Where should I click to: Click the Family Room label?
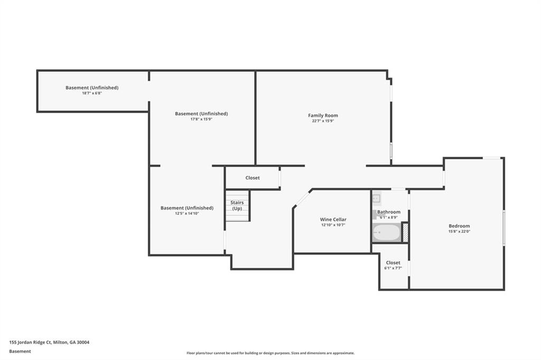click(323, 116)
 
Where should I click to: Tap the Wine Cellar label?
click(333, 219)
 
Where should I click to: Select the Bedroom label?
click(459, 226)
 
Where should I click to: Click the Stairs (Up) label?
click(237, 205)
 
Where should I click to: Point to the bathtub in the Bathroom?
click(387, 233)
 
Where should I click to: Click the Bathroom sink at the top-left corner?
click(376, 198)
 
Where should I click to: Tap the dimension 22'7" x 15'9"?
click(323, 121)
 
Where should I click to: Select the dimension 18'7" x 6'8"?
click(92, 93)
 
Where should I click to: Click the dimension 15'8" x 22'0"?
click(459, 231)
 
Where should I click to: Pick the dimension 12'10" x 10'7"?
click(333, 225)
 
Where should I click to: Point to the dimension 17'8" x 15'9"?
click(201, 119)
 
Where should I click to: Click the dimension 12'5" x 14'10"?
click(186, 213)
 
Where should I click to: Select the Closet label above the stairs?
click(253, 178)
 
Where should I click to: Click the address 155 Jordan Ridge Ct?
click(30, 343)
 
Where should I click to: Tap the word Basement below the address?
click(20, 352)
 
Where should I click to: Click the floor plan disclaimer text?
click(270, 353)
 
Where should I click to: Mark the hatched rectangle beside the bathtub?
click(405, 233)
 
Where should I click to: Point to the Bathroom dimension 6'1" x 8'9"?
click(389, 217)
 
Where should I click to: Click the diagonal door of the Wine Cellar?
click(302, 199)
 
